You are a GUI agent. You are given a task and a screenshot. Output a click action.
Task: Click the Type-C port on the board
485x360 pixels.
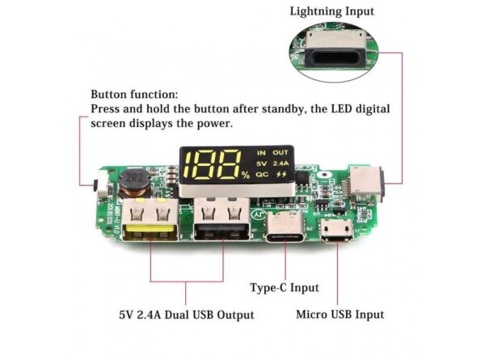[285, 229]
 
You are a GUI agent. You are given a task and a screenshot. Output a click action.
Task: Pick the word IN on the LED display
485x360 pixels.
[260, 152]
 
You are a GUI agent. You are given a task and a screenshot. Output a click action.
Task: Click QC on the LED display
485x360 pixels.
[261, 174]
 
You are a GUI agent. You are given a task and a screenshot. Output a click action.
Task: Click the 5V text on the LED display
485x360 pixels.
[261, 163]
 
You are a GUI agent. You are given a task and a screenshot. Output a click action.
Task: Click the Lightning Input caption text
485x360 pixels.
[333, 11]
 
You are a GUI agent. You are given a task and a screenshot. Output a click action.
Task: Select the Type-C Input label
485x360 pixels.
[284, 287]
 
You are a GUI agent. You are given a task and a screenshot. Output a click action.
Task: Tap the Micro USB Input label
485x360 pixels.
[339, 314]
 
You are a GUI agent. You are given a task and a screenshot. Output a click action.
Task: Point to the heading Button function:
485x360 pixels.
[134, 94]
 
